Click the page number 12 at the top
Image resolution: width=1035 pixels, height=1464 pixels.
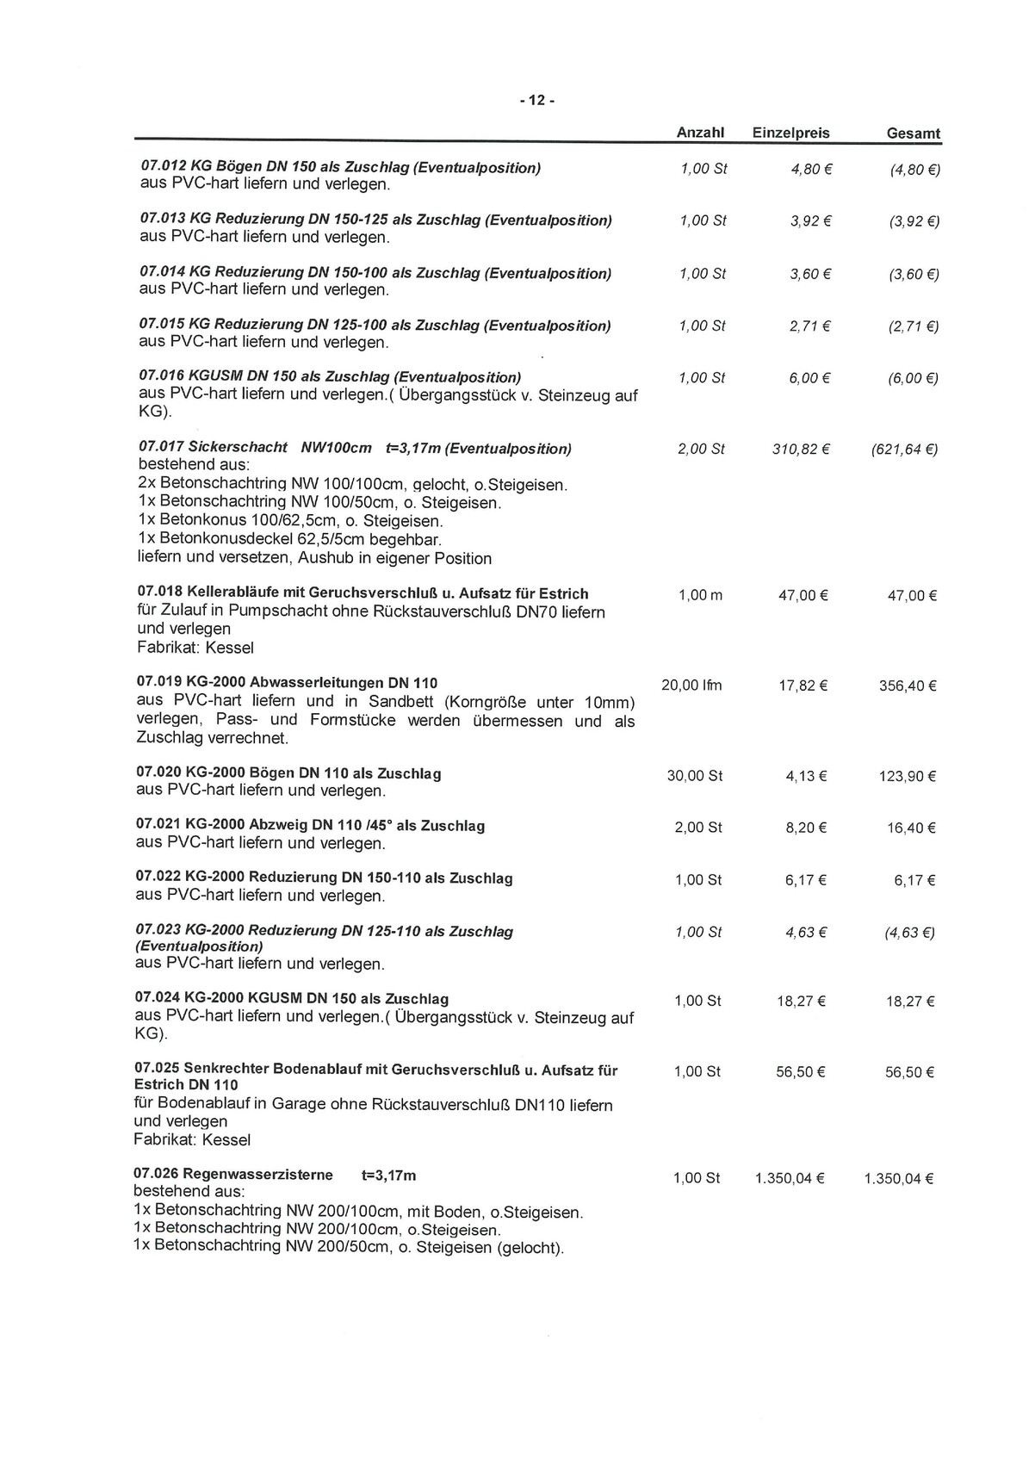click(536, 101)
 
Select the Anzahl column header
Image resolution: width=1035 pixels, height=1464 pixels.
click(700, 133)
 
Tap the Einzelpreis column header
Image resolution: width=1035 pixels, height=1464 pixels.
click(790, 133)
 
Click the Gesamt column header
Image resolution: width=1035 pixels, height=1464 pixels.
click(913, 133)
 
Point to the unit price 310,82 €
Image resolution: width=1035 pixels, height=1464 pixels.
click(801, 449)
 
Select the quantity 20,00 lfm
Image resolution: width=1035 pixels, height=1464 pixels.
click(691, 685)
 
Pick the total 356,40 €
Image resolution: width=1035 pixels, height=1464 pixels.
click(908, 686)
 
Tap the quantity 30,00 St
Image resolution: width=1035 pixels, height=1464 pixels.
click(694, 776)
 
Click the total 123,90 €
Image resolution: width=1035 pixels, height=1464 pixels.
click(908, 776)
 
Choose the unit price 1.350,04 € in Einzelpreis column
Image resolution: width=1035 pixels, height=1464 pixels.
click(790, 1178)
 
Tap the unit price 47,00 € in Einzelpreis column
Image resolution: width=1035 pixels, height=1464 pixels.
click(803, 595)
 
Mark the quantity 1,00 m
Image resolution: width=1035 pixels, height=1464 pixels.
click(700, 595)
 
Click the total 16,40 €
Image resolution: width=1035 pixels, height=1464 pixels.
click(911, 828)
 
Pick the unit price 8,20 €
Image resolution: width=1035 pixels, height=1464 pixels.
click(806, 828)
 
